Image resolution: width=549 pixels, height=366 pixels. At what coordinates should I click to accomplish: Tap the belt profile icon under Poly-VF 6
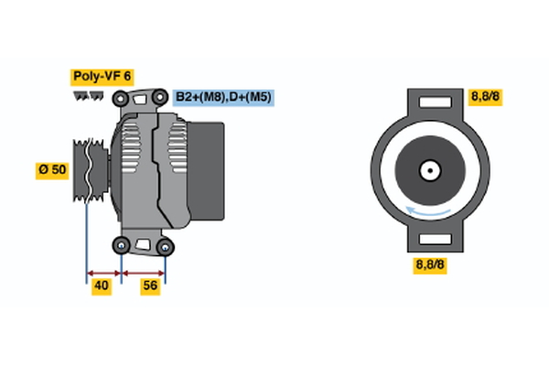(88, 95)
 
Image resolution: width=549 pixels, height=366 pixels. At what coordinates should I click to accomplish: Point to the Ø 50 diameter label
(53, 170)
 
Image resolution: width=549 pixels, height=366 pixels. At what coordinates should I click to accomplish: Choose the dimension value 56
(151, 286)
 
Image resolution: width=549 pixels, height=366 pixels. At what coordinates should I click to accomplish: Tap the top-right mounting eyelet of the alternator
(161, 94)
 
